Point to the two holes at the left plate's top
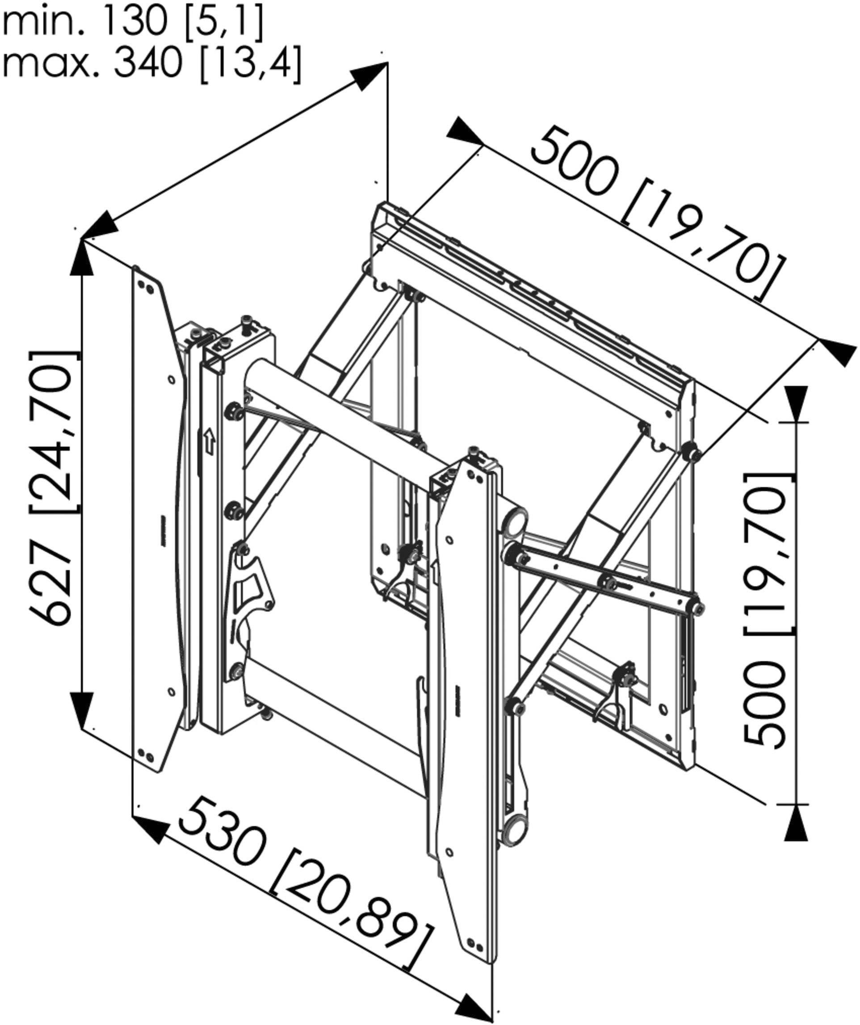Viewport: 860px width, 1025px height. [x=145, y=287]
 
